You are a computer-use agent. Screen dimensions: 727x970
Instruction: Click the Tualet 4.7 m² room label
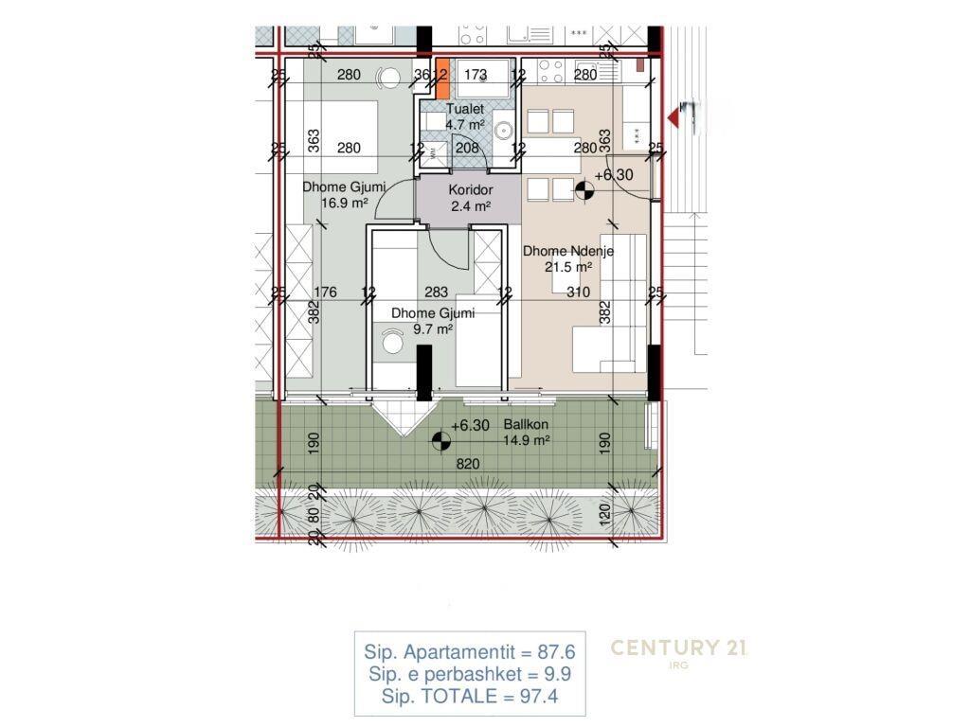click(465, 116)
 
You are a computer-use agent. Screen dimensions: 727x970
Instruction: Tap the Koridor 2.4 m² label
click(469, 198)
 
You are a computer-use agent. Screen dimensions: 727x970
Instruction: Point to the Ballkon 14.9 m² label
click(527, 433)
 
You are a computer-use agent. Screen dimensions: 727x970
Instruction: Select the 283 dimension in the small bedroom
click(437, 293)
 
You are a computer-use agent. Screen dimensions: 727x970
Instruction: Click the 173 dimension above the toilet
click(476, 75)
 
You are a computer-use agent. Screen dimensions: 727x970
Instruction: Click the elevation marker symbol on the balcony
click(440, 439)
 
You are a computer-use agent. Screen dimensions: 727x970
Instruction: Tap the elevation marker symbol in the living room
click(585, 192)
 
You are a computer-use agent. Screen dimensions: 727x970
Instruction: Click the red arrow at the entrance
click(675, 115)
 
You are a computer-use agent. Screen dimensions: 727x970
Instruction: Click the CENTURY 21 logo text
click(679, 648)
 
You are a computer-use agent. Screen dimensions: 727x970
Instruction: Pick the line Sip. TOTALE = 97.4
click(469, 697)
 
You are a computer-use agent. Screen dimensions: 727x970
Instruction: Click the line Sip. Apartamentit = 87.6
click(469, 652)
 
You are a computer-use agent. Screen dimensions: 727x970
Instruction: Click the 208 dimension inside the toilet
click(467, 147)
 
